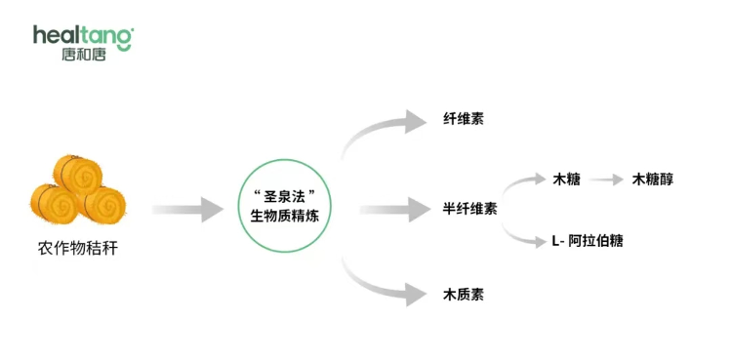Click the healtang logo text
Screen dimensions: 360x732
tap(83, 36)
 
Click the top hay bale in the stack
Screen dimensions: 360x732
tap(77, 172)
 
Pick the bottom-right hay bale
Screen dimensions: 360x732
tap(102, 203)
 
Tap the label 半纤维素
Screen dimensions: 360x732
tap(469, 208)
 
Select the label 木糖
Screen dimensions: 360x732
tap(566, 179)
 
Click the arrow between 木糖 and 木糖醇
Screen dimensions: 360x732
tap(605, 180)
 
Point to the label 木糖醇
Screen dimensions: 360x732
tap(652, 179)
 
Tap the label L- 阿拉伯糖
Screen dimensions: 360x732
tap(587, 241)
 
